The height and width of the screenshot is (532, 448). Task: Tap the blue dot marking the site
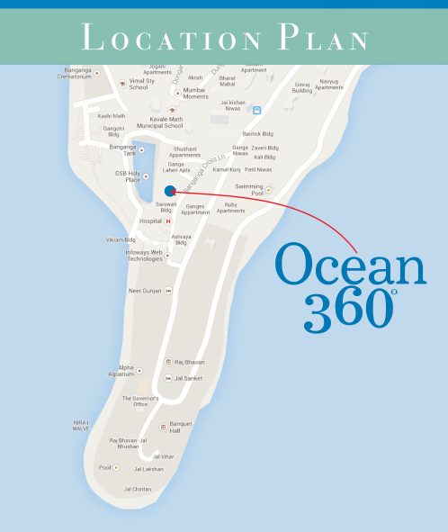pos(170,190)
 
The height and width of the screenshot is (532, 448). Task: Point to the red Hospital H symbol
pos(167,221)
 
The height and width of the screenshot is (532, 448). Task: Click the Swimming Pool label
pos(249,189)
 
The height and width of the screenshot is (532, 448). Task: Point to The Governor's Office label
pos(139,401)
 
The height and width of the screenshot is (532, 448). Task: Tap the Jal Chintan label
pos(137,489)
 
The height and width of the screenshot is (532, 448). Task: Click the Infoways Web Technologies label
pos(144,255)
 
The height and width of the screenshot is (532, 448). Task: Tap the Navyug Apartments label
pos(328,84)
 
